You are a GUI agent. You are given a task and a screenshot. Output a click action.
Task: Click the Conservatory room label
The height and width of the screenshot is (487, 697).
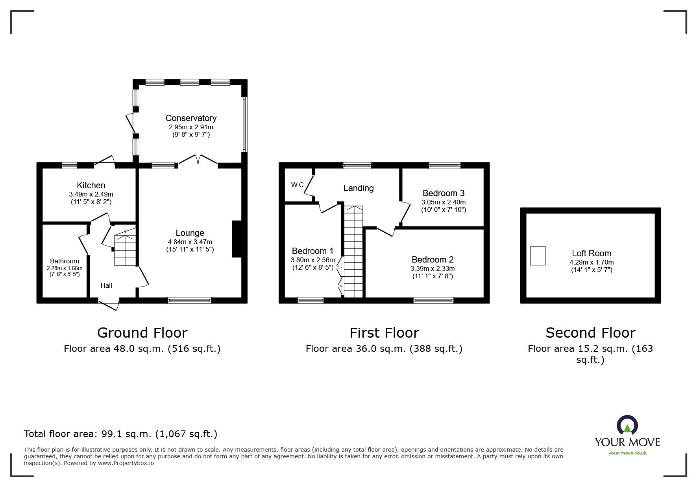[191, 118]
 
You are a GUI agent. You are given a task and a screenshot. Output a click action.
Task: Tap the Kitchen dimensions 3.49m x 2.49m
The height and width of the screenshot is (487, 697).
[91, 194]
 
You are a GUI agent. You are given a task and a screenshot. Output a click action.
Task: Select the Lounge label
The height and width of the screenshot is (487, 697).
[190, 233]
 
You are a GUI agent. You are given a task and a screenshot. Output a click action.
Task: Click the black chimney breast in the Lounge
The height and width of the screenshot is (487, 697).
[237, 239]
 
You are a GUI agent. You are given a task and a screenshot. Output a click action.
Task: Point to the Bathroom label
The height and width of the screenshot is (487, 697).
[65, 261]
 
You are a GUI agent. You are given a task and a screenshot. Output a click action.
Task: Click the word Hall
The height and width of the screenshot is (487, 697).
[106, 285]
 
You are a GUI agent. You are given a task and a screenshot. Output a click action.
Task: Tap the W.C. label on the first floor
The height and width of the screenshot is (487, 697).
[298, 185]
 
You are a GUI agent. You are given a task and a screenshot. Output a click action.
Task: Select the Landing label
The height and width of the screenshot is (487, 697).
[358, 188]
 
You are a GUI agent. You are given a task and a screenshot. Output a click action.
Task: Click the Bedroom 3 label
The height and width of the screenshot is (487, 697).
[443, 193]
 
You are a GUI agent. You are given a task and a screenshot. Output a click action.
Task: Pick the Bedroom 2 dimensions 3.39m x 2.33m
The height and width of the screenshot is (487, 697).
[433, 268]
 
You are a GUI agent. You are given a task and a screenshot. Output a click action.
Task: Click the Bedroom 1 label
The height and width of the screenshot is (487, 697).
[312, 251]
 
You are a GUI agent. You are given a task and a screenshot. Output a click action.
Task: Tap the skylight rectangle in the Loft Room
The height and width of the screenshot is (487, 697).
[538, 256]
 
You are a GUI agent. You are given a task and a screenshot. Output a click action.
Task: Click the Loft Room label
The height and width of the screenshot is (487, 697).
[592, 254]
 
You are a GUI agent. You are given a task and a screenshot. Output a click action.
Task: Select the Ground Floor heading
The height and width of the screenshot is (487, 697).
[142, 333]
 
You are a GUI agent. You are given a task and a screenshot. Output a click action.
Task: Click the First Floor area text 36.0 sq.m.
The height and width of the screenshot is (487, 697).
[384, 349]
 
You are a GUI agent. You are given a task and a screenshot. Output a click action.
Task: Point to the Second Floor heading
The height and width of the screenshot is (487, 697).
[590, 333]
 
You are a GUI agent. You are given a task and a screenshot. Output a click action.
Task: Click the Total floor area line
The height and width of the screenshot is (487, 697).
[120, 434]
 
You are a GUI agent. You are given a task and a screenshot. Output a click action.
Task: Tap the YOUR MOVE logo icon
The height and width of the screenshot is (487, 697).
[627, 425]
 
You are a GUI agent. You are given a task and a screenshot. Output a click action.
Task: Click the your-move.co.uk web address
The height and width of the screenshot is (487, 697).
[627, 453]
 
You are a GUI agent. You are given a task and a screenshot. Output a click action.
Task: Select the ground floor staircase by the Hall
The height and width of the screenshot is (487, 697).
[125, 250]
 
